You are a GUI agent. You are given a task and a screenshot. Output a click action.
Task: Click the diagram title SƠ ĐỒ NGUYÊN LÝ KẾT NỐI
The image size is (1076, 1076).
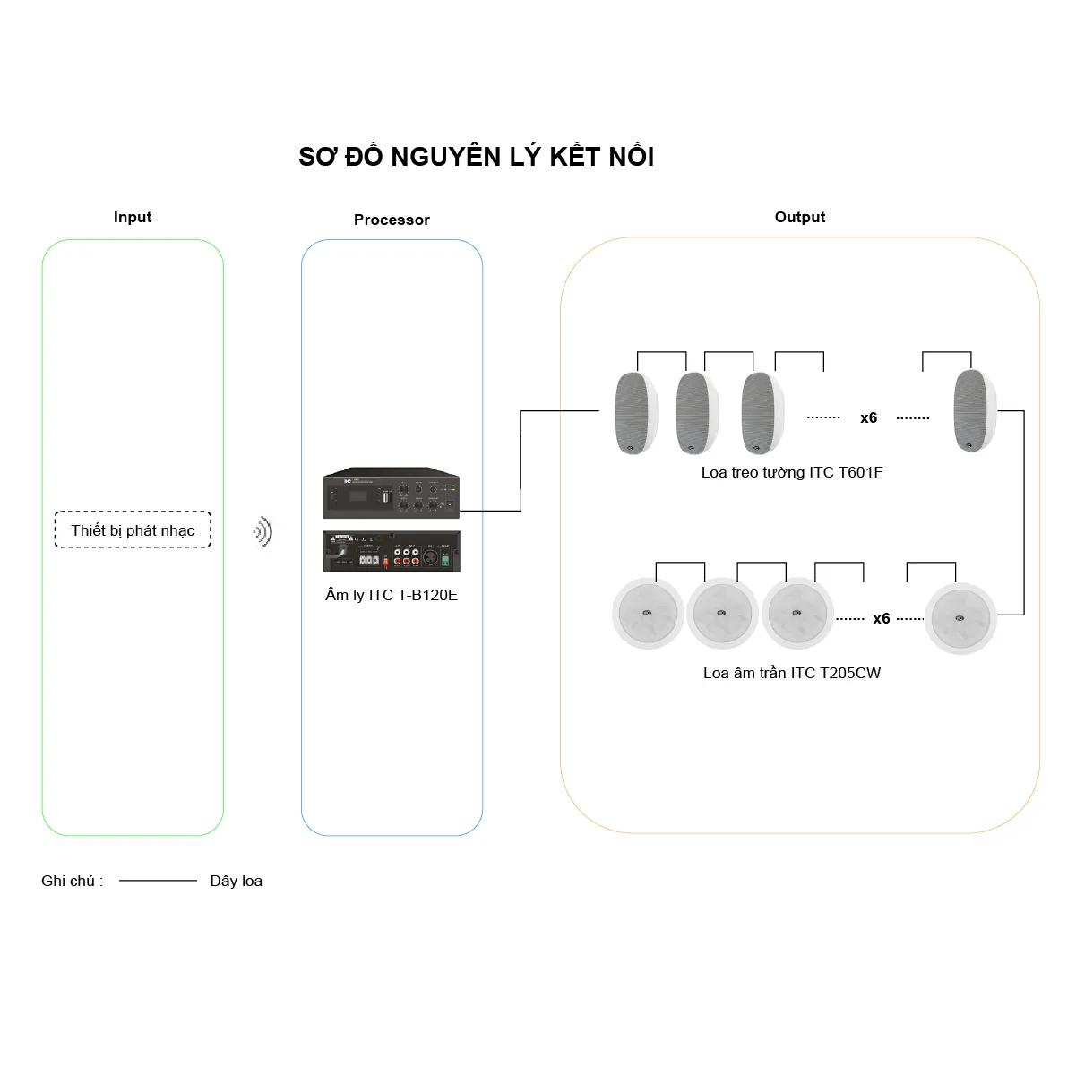pyautogui.click(x=476, y=156)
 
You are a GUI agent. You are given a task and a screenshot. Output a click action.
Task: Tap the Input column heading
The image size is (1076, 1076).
pyautogui.click(x=133, y=217)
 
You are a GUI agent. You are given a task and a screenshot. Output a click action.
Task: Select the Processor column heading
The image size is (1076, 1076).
pyautogui.click(x=392, y=220)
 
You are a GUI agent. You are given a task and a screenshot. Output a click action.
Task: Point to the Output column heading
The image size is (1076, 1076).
pyautogui.click(x=799, y=217)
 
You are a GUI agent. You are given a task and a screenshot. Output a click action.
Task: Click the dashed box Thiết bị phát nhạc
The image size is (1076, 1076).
pyautogui.click(x=133, y=529)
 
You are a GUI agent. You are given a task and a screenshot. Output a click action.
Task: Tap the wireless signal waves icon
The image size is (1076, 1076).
pyautogui.click(x=263, y=531)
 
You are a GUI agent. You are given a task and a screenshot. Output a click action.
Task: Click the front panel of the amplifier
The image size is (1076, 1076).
pyautogui.click(x=391, y=493)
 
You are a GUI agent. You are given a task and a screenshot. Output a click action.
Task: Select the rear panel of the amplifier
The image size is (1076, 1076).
pyautogui.click(x=392, y=552)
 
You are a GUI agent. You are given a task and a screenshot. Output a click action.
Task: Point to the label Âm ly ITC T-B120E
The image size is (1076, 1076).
pyautogui.click(x=392, y=595)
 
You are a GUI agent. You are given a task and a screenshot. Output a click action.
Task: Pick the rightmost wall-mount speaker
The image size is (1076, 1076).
pyautogui.click(x=975, y=410)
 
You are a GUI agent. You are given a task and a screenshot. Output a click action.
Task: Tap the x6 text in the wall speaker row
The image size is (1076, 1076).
pyautogui.click(x=868, y=417)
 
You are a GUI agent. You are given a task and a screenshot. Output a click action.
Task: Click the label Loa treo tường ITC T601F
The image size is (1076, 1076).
pyautogui.click(x=792, y=472)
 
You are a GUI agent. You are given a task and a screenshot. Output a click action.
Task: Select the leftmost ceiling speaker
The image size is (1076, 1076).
pyautogui.click(x=649, y=614)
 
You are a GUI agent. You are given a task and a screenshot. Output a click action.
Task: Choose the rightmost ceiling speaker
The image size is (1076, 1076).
pyautogui.click(x=960, y=618)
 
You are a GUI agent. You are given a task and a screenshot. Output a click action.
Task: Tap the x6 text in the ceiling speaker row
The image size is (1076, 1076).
pyautogui.click(x=881, y=619)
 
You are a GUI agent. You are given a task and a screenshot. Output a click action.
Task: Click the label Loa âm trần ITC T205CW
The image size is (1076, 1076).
pyautogui.click(x=792, y=673)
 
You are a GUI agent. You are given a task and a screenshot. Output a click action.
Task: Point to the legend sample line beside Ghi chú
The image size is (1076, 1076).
pyautogui.click(x=158, y=881)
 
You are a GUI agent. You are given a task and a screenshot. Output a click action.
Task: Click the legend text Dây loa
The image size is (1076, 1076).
pyautogui.click(x=236, y=881)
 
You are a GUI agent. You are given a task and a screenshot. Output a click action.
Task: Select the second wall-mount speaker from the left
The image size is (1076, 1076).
pyautogui.click(x=697, y=413)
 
